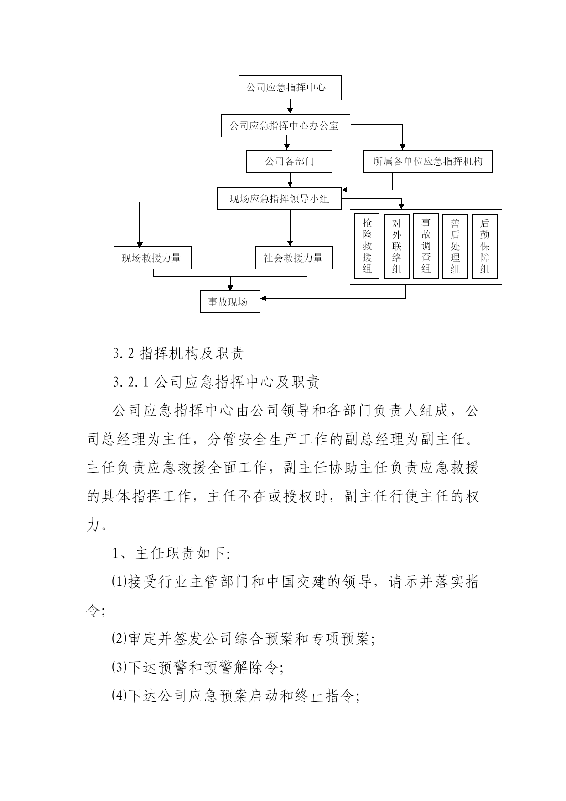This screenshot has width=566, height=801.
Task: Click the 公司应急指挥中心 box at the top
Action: (x=290, y=88)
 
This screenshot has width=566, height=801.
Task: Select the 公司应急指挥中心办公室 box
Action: (x=286, y=126)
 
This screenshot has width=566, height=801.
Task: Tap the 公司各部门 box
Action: (x=289, y=161)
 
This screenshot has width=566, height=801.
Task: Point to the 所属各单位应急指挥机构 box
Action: (x=428, y=161)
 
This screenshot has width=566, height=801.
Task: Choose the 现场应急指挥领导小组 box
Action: (x=279, y=198)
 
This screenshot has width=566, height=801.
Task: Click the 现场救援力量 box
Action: (x=152, y=258)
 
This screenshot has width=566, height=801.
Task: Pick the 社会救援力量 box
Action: (x=294, y=258)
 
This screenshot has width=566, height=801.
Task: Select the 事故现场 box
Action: (x=230, y=301)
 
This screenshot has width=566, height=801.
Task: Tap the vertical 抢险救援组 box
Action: (x=367, y=246)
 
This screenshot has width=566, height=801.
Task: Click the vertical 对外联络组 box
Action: (x=397, y=246)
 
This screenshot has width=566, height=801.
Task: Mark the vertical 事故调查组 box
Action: (x=426, y=246)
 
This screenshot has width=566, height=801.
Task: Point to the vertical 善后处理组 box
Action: (x=455, y=246)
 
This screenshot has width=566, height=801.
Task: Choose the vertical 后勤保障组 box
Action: (x=484, y=246)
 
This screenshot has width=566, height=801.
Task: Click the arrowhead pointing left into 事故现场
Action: (x=264, y=299)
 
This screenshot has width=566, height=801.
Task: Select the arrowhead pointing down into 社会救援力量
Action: (x=290, y=243)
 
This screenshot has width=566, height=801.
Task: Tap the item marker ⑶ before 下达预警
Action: (x=119, y=668)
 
